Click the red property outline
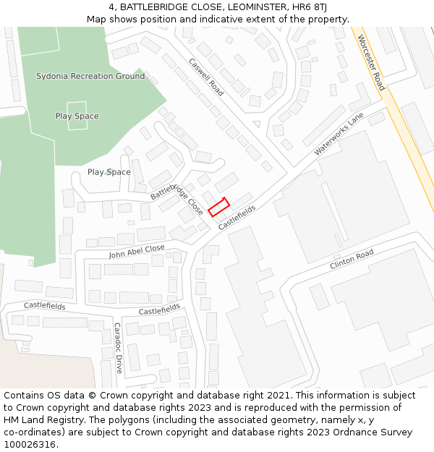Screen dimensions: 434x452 218,207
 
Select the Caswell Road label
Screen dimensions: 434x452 207,77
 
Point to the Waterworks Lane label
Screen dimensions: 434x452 339,135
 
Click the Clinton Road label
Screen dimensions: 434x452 352,260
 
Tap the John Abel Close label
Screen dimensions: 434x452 137,252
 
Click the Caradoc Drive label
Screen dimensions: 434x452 117,347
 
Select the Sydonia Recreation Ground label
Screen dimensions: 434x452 90,76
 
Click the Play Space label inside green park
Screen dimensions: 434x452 77,116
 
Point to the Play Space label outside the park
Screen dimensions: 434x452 109,172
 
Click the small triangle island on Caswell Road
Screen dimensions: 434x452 256,124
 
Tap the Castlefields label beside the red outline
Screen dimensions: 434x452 237,217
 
